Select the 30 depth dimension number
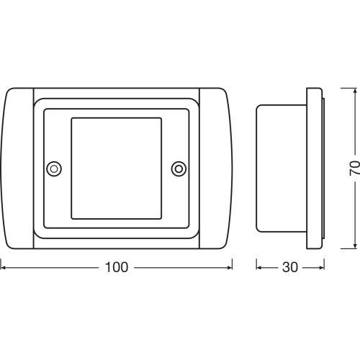pyautogui.click(x=289, y=267)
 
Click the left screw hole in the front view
pyautogui.click(x=53, y=168)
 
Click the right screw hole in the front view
pyautogui.click(x=178, y=168)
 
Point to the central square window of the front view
pyautogui.click(x=115, y=168)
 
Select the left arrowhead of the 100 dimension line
pyautogui.click(x=4, y=267)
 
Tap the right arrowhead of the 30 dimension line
pyautogui.click(x=319, y=267)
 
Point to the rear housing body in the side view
pyautogui.click(x=282, y=168)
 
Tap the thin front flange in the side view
pyautogui.click(x=315, y=168)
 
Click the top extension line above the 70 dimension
pyautogui.click(x=342, y=88)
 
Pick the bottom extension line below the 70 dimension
pyautogui.click(x=342, y=248)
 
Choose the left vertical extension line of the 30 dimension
pyautogui.click(x=256, y=259)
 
